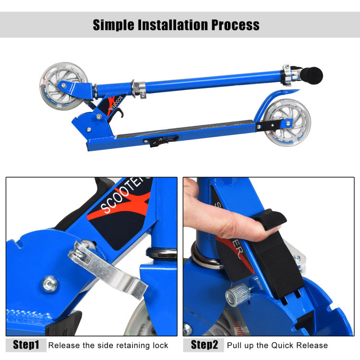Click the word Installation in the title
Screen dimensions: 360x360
[x=173, y=25]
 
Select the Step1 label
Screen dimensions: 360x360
[x=26, y=345]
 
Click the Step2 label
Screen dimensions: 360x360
[x=204, y=345]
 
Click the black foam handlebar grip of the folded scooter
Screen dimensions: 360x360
[x=311, y=75]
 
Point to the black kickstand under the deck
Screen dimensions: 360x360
[x=161, y=140]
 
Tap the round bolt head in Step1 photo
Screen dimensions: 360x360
[x=50, y=284]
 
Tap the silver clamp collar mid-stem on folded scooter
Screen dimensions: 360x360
[x=138, y=89]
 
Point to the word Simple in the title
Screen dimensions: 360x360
[x=113, y=25]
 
